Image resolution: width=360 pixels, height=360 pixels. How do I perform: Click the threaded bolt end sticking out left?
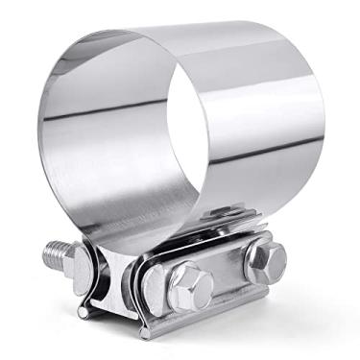tap(55, 254)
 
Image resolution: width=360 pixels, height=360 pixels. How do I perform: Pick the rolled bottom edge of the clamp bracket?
tap(192, 326)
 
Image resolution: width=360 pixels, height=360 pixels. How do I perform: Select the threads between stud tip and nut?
tap(60, 256)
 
